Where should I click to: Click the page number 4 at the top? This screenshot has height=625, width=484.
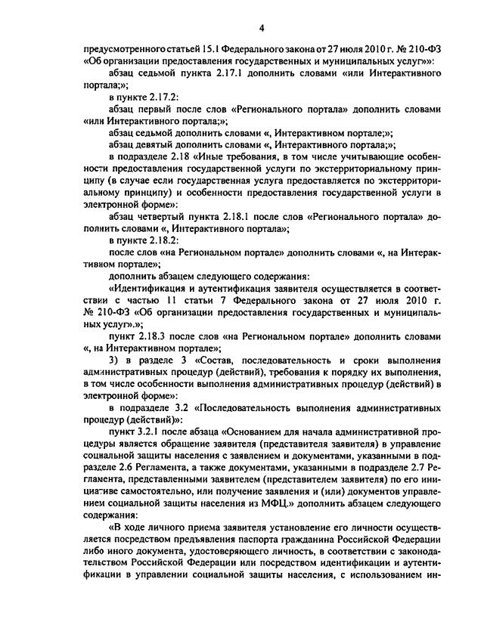pyautogui.click(x=261, y=29)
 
